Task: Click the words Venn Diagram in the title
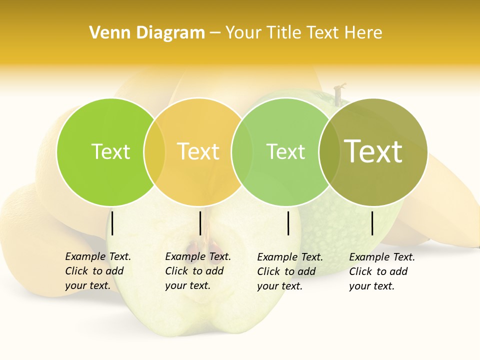[x=147, y=33]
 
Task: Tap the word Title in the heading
[x=283, y=33]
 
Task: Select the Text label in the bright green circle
[x=110, y=151]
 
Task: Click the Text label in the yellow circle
[x=198, y=151]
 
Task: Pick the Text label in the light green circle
[x=285, y=151]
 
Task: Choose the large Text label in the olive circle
[x=373, y=151]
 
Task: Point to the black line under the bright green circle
[x=112, y=223]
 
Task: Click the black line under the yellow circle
[x=200, y=223]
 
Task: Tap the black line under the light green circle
[x=288, y=223]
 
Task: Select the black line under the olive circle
[x=372, y=223]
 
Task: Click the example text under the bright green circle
[x=97, y=271]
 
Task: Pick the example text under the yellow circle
[x=197, y=271]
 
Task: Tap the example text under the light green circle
[x=289, y=271]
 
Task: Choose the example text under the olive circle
[x=381, y=271]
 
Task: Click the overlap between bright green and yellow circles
[x=154, y=151]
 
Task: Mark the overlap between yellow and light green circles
[x=242, y=151]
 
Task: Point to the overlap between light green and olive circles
[x=329, y=151]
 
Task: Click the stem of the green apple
[x=339, y=93]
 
